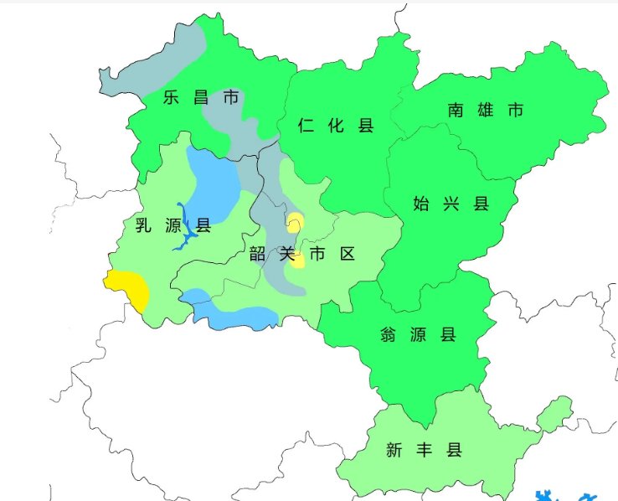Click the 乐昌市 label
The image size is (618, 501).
[201, 98]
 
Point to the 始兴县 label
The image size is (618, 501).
[451, 204]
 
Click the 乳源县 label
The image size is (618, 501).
[173, 225]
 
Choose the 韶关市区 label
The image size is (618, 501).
[302, 255]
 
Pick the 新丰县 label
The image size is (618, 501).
[424, 451]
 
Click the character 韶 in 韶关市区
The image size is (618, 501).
[258, 255]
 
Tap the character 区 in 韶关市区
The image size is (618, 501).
[347, 255]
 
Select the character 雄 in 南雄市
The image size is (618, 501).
[486, 110]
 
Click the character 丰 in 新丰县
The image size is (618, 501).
[424, 451]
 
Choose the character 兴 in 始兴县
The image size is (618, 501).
[451, 204]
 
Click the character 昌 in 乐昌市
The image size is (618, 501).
[201, 98]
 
